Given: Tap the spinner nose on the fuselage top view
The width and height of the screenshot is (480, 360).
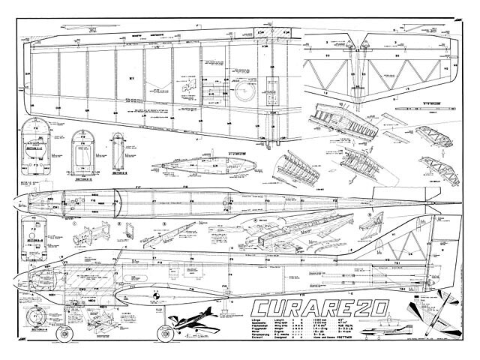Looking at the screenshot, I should click(19, 202).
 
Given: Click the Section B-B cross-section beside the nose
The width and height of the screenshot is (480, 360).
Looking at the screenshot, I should click(34, 235).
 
